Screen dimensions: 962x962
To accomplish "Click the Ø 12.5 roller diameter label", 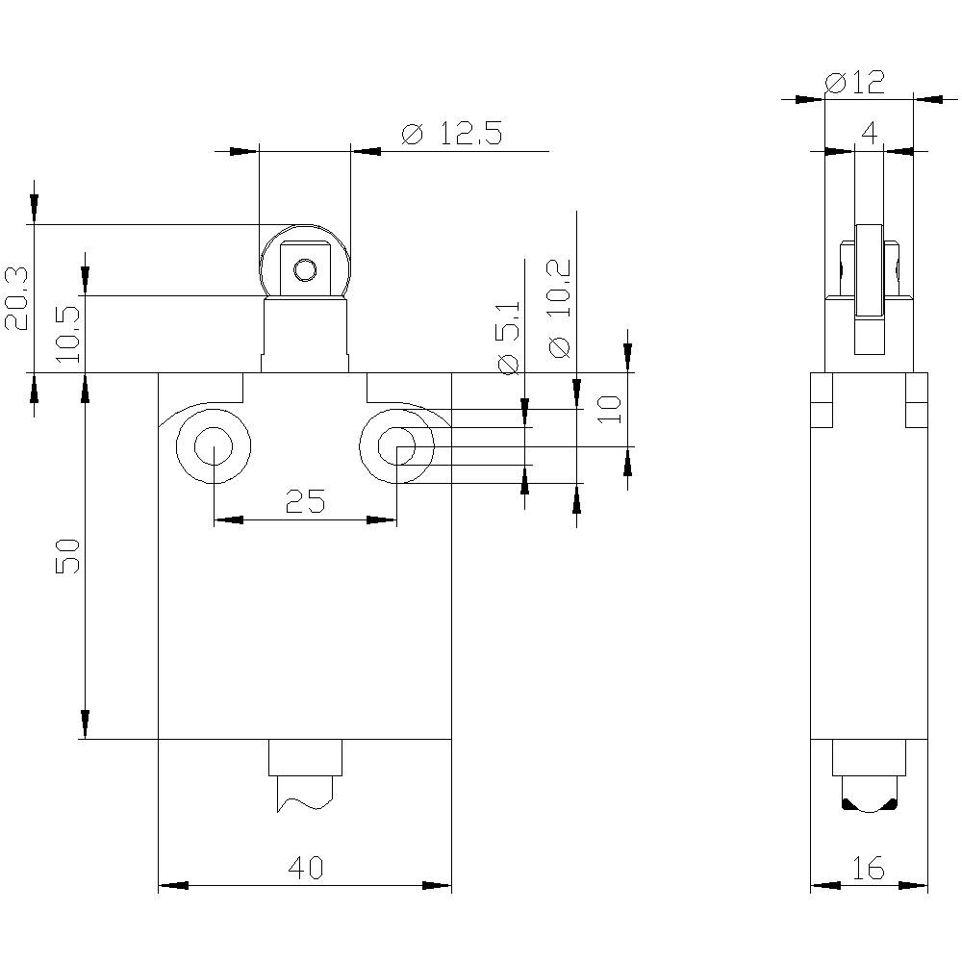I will [451, 134].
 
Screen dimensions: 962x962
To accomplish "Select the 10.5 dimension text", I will [68, 334].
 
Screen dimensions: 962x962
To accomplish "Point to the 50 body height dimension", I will [66, 556].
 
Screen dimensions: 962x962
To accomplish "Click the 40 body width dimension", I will [307, 869].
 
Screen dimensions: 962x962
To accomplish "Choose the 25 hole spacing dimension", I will [305, 501].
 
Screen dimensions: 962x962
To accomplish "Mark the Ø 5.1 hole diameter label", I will [509, 337].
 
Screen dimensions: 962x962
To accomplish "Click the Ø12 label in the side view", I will [855, 83].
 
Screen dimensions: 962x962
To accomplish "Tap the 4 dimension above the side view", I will [869, 133].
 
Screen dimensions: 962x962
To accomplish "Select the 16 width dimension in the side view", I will [869, 870].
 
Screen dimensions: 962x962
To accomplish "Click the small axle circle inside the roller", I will [305, 270].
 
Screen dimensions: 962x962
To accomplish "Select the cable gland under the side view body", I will [869, 779].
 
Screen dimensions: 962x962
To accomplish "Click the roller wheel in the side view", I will [869, 271].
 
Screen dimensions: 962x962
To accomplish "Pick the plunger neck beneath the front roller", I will [305, 334].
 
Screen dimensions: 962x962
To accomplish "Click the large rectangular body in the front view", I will [305, 616].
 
